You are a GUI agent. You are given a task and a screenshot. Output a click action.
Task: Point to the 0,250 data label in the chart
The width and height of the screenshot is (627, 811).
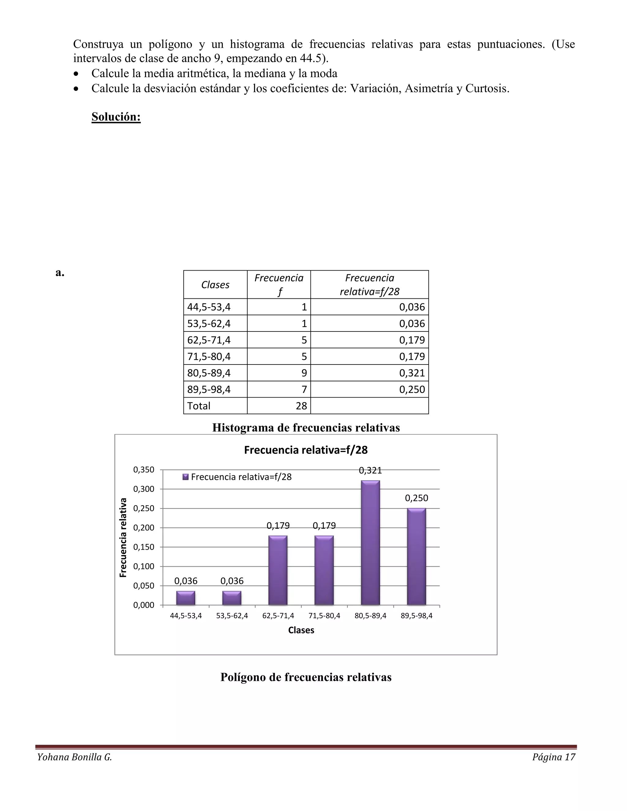[416, 498]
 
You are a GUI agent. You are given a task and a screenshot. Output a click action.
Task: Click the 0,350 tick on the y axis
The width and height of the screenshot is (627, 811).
[144, 470]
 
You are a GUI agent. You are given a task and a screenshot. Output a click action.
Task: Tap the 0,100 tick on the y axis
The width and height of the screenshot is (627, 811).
[144, 566]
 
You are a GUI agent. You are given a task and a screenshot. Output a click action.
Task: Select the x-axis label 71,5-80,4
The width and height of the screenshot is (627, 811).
[324, 616]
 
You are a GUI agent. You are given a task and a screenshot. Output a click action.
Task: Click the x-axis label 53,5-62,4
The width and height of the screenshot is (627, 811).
[232, 616]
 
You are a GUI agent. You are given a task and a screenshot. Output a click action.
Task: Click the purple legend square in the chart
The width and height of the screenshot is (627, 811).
[186, 477]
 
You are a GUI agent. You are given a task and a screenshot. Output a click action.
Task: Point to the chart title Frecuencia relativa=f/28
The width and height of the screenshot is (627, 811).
[306, 450]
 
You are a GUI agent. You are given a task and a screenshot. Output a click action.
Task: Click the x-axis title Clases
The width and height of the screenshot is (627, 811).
[301, 630]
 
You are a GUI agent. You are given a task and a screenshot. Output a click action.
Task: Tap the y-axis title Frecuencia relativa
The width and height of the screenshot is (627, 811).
[123, 537]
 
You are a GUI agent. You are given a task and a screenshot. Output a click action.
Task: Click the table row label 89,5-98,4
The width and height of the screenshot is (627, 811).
[209, 389]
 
